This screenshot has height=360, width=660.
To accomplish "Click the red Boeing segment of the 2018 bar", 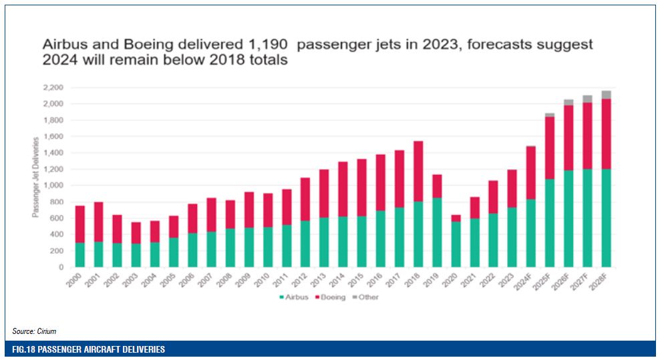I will (x=418, y=171).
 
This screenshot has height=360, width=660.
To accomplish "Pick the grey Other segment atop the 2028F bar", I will (x=606, y=95).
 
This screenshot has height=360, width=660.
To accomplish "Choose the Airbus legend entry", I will (x=294, y=297).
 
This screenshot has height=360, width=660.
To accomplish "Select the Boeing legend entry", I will (x=331, y=297).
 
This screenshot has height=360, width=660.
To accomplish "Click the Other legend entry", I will (x=368, y=297).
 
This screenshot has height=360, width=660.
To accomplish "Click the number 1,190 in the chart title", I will (x=269, y=44).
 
